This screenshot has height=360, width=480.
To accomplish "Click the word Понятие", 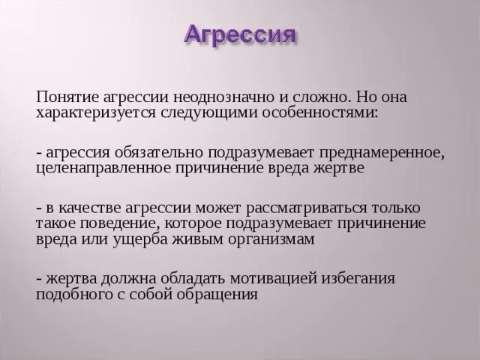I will (64, 98).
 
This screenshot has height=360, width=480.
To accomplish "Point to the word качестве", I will (88, 207).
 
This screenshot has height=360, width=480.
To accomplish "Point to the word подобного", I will (73, 294).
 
